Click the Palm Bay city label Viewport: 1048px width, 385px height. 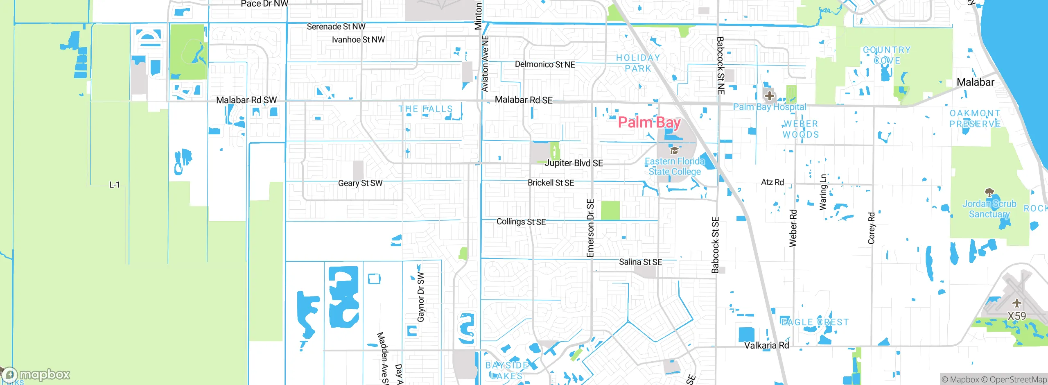tap(649, 122)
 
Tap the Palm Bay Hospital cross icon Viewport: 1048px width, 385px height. tap(769, 96)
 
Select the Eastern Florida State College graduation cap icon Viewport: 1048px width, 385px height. tap(674, 150)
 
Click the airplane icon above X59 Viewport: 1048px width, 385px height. tap(1016, 303)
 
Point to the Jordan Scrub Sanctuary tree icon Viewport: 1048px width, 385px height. tap(989, 192)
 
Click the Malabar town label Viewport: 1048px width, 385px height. tap(975, 82)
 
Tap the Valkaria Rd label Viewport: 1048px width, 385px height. tap(766, 345)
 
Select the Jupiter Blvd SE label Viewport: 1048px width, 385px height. tap(574, 163)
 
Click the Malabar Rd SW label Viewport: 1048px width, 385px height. tap(246, 100)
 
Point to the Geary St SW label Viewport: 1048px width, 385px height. tap(360, 183)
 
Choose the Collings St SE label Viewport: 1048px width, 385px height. tap(521, 222)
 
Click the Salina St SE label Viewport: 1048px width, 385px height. tap(640, 262)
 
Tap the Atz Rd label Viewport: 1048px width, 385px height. tap(772, 182)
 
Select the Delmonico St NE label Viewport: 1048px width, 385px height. tap(545, 64)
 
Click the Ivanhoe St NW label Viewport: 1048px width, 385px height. tap(358, 40)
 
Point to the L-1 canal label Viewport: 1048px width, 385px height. tap(115, 185)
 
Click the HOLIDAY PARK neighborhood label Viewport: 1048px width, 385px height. tap(638, 63)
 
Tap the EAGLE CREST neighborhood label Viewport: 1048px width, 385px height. tap(815, 322)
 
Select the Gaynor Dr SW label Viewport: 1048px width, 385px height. tap(421, 297)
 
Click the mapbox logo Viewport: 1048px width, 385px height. tap(37, 374)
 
